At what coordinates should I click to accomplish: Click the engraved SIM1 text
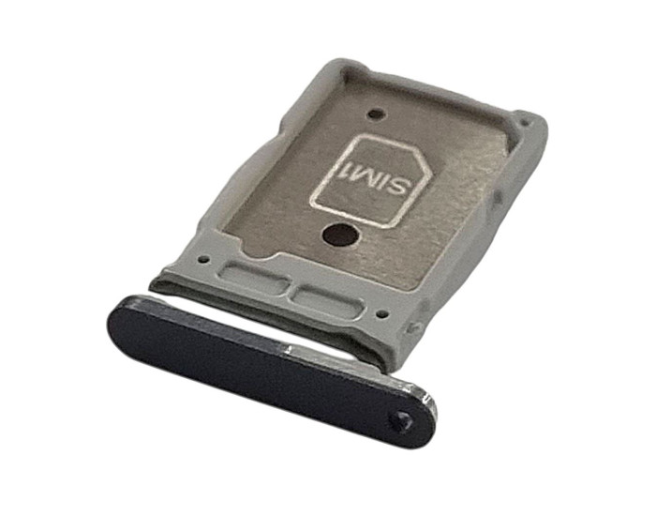click(x=371, y=175)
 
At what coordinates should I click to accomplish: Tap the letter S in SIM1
click(x=396, y=187)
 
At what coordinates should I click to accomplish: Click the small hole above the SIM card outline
click(x=375, y=114)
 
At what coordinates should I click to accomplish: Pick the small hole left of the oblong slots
click(x=203, y=259)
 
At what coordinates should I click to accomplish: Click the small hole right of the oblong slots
click(x=380, y=312)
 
